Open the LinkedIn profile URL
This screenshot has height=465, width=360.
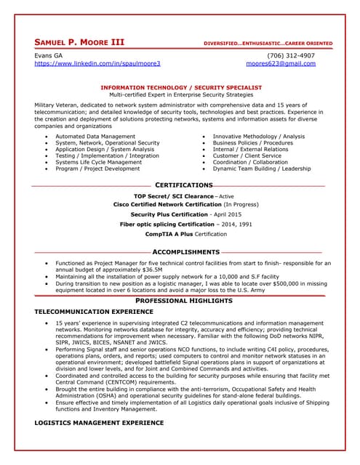97,64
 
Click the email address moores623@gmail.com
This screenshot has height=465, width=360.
281,64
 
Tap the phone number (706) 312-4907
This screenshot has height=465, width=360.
291,55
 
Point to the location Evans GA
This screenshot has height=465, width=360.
49,55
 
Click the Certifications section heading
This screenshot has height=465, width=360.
184,185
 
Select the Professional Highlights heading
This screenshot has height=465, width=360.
184,301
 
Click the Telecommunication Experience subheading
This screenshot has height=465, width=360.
94,312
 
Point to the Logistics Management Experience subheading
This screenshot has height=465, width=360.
99,422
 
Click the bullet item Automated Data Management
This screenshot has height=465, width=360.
95,136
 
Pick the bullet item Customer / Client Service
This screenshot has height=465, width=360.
247,155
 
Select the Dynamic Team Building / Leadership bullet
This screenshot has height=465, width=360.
261,169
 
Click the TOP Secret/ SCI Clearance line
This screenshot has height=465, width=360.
184,197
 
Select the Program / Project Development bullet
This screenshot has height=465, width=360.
97,169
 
